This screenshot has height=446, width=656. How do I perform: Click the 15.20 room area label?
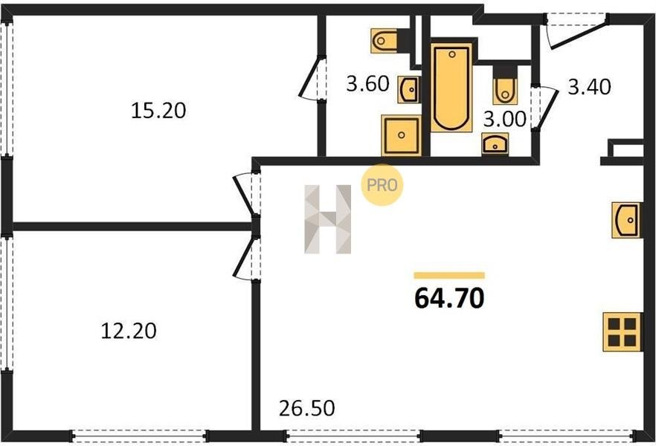(x=158, y=111)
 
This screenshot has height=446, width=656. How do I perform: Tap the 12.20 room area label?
(x=129, y=331)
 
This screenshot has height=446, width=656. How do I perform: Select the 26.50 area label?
(x=306, y=408)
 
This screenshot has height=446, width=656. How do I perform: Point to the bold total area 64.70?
(x=449, y=298)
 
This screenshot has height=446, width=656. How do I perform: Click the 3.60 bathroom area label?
(x=367, y=83)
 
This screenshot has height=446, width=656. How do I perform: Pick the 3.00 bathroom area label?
(x=504, y=119)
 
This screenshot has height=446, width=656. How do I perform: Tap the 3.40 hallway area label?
(x=589, y=87)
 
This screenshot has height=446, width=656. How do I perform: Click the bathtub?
(x=451, y=88)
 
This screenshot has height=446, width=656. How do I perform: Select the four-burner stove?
(x=622, y=332)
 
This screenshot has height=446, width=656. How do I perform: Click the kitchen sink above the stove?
(x=627, y=220)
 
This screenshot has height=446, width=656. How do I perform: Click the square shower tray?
(x=401, y=135)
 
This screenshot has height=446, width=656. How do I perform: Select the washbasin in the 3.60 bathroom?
(x=408, y=89)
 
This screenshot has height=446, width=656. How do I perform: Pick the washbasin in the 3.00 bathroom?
(x=495, y=143)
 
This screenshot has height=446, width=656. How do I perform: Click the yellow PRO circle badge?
(x=382, y=185)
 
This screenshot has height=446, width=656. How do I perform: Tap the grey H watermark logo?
(x=327, y=219)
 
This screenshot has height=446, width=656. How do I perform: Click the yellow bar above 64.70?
(x=449, y=275)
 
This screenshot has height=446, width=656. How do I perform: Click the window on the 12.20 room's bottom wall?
(x=139, y=436)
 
